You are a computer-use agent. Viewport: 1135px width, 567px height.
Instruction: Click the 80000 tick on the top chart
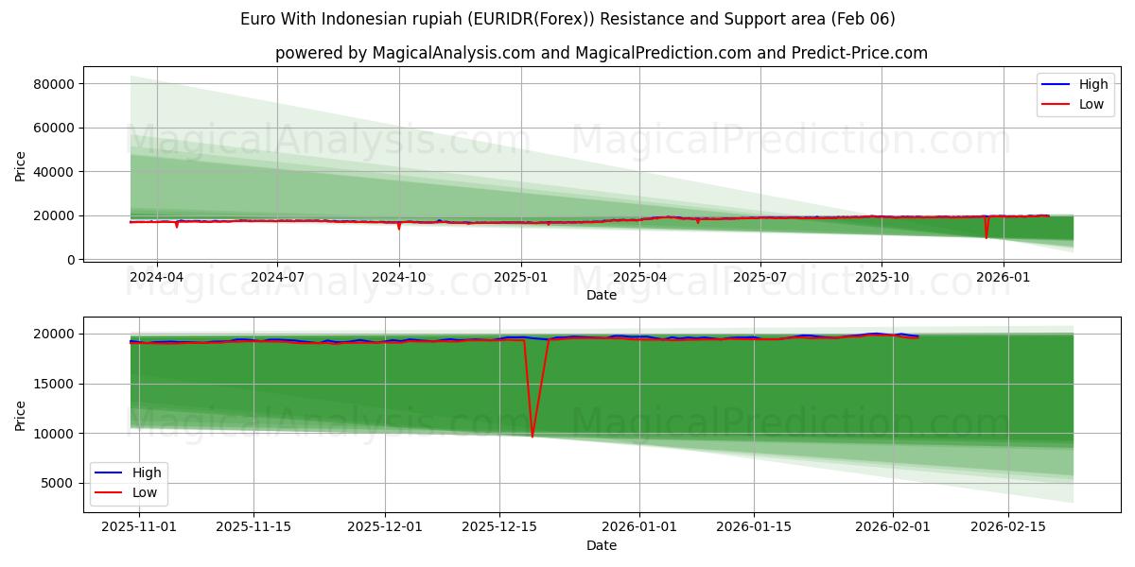(x=54, y=84)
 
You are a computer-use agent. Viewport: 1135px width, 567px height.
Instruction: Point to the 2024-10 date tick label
(x=398, y=278)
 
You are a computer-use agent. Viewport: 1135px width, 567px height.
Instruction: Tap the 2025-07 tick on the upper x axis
(x=760, y=278)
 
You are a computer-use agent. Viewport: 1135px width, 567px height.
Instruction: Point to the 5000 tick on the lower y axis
(x=61, y=483)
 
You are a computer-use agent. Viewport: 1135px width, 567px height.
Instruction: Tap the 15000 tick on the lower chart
(x=58, y=384)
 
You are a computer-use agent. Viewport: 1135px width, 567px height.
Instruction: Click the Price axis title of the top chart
(x=21, y=166)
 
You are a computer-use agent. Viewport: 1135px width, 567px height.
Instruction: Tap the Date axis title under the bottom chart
(x=602, y=545)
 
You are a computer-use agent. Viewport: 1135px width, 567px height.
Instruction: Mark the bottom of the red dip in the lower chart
(x=533, y=437)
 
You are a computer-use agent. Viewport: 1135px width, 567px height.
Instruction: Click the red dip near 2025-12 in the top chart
(x=987, y=237)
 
